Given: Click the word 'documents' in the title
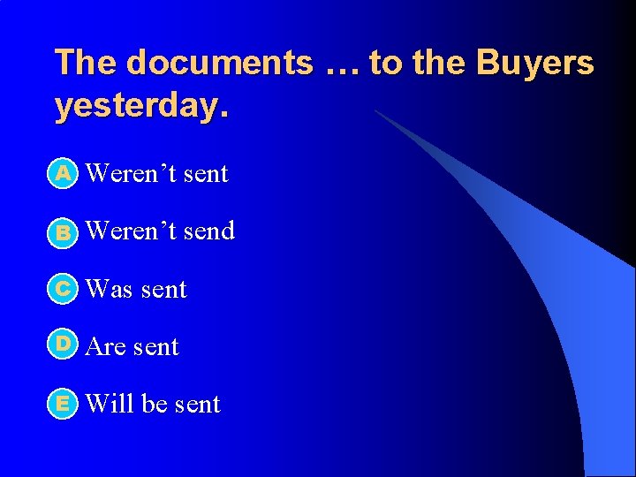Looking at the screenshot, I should pyautogui.click(x=219, y=63).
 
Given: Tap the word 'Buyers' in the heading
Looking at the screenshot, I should pyautogui.click(x=534, y=63).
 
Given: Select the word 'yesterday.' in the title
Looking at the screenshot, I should pyautogui.click(x=141, y=106).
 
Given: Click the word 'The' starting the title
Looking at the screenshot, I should pyautogui.click(x=86, y=63).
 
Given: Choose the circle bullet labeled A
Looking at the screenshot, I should pyautogui.click(x=64, y=174).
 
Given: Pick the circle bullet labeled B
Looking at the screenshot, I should pyautogui.click(x=64, y=232).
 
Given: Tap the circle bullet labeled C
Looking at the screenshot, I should pyautogui.click(x=64, y=289).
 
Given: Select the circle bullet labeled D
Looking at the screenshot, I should pyautogui.click(x=64, y=345).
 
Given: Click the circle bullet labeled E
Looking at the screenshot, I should pyautogui.click(x=64, y=404).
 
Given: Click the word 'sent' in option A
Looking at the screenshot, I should pyautogui.click(x=206, y=174).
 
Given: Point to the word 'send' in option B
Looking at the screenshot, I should pyautogui.click(x=209, y=231).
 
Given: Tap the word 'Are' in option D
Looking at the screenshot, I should pyautogui.click(x=106, y=347).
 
